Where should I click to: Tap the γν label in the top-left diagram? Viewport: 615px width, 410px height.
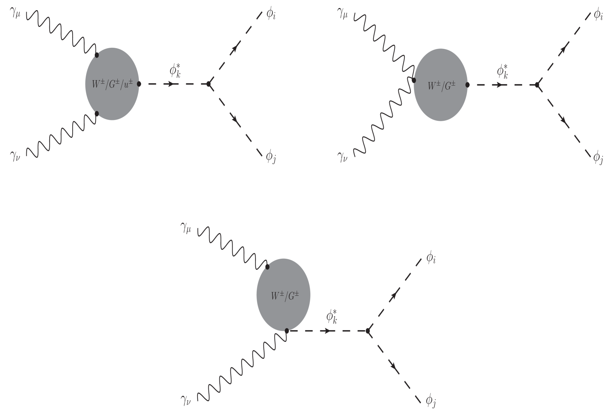click(x=15, y=156)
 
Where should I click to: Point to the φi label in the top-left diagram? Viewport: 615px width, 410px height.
click(x=271, y=15)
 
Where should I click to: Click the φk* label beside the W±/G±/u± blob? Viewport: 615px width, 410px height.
click(x=175, y=71)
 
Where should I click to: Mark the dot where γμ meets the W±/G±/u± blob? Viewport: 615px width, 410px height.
click(x=97, y=55)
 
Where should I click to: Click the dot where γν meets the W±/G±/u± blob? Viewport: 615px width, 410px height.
click(x=97, y=113)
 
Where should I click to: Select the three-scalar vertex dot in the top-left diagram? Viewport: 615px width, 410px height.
click(x=209, y=84)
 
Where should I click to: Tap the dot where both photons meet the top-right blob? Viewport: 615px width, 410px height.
click(x=414, y=80)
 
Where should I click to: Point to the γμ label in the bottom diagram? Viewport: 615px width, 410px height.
click(x=186, y=228)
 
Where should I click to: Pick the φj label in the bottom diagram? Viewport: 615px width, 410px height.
click(x=431, y=401)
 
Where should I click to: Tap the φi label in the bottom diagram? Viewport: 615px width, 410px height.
click(x=431, y=258)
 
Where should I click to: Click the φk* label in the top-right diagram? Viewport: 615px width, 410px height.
click(x=503, y=72)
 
